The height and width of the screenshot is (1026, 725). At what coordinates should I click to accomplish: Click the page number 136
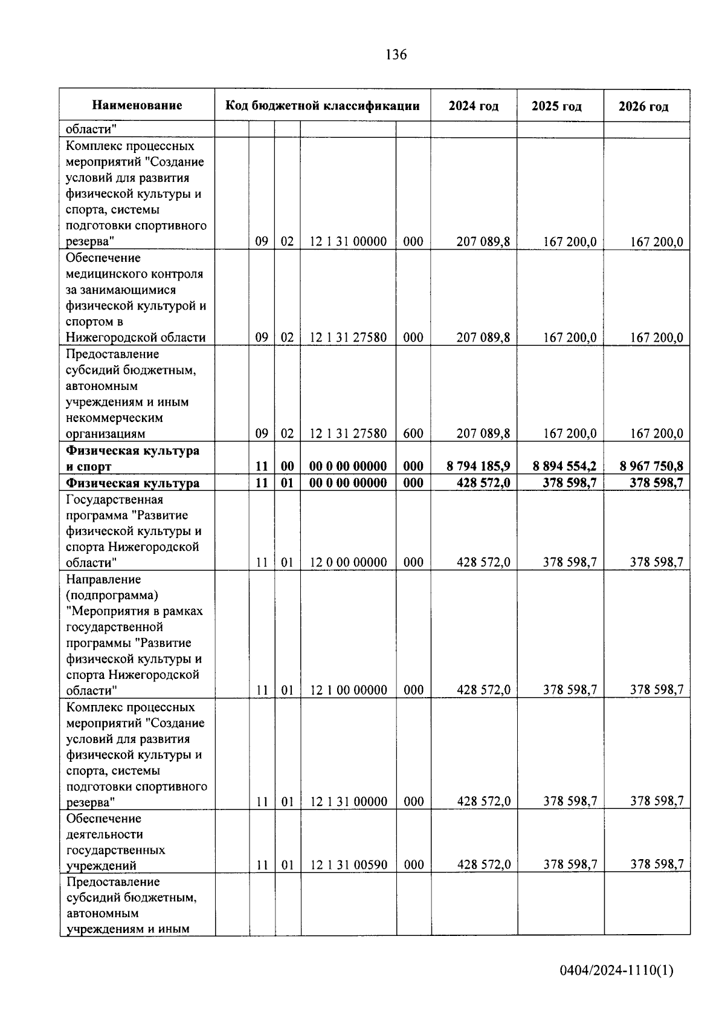pyautogui.click(x=396, y=55)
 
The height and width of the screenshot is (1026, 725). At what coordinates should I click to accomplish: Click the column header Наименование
pyautogui.click(x=137, y=106)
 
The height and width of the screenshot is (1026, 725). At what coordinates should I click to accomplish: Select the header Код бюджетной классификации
pyautogui.click(x=323, y=106)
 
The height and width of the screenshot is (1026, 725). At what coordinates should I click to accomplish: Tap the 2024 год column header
pyautogui.click(x=474, y=106)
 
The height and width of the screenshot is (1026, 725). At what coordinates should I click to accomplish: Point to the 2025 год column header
pyautogui.click(x=556, y=106)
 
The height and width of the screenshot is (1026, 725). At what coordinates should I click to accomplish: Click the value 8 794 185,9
pyautogui.click(x=478, y=466)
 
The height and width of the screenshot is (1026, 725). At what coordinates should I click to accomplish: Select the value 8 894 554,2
pyautogui.click(x=565, y=466)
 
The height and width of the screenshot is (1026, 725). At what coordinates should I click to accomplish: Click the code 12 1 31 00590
pyautogui.click(x=349, y=865)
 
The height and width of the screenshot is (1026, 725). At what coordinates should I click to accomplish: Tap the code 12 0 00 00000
pyautogui.click(x=348, y=563)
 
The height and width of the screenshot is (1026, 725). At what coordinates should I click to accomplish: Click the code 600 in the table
pyautogui.click(x=413, y=433)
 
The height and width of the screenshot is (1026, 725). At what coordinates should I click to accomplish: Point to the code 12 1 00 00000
pyautogui.click(x=348, y=690)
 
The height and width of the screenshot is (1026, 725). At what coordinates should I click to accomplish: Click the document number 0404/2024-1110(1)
pyautogui.click(x=616, y=971)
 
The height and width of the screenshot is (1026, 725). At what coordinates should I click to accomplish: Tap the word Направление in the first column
pyautogui.click(x=103, y=579)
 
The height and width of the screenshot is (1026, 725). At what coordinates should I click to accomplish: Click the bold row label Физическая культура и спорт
pyautogui.click(x=132, y=458)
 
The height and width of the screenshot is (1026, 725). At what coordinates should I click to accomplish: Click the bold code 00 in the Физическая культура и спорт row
pyautogui.click(x=288, y=466)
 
